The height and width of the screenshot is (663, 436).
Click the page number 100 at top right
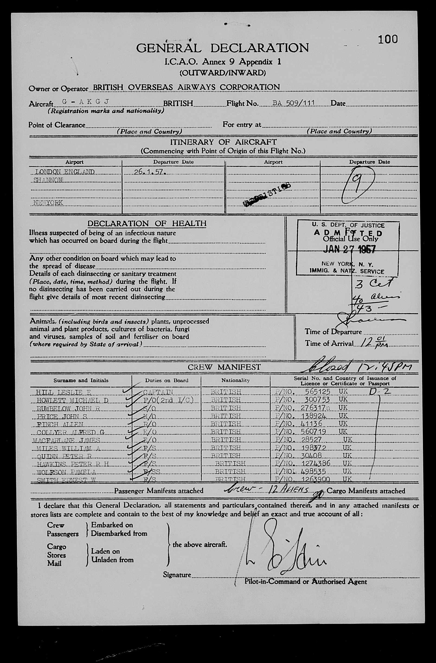pyautogui.click(x=387, y=40)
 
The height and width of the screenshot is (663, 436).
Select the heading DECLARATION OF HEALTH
pyautogui.click(x=147, y=223)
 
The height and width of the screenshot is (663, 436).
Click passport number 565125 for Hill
pyautogui.click(x=318, y=392)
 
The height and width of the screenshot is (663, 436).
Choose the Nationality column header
pyautogui.click(x=235, y=380)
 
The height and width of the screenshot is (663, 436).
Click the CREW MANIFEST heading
pyautogui.click(x=224, y=367)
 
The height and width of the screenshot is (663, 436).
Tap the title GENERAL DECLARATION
pyautogui.click(x=222, y=48)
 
